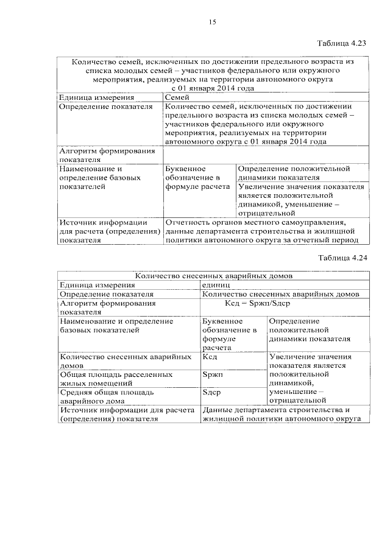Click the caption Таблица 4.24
[x=342, y=258]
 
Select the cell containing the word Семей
[x=177, y=97]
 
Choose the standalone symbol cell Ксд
[x=210, y=356]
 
